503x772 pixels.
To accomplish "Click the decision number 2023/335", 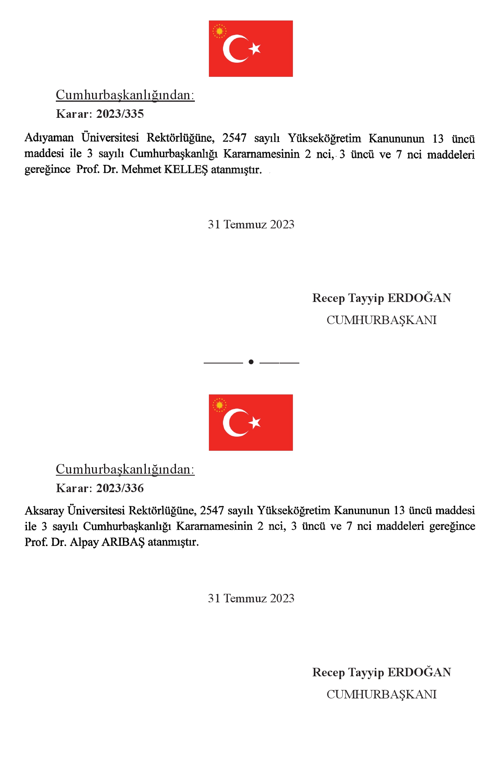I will (120, 114).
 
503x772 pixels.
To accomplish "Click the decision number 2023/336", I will (120, 488).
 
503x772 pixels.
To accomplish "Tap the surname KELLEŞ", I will (186, 169).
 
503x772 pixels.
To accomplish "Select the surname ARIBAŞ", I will (123, 542).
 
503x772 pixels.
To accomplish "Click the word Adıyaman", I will (49, 138).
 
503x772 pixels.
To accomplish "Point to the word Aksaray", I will (44, 511).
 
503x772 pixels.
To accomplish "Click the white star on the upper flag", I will (255, 49).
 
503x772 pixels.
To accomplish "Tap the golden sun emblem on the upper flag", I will (219, 31).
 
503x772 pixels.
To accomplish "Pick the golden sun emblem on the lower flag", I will (219, 405).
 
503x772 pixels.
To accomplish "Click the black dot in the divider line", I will (251, 362).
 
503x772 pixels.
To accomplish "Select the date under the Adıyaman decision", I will (251, 224).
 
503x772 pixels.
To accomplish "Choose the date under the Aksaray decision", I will (251, 598).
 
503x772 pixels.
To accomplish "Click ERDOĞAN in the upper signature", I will (419, 298).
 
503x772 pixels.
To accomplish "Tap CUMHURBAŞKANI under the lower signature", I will (381, 694).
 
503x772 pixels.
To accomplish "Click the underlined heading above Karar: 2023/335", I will (125, 95).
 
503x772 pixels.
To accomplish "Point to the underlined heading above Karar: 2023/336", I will (125, 469).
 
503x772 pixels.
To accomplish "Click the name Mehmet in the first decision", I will (141, 169).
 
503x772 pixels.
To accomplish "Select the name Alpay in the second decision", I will (84, 542).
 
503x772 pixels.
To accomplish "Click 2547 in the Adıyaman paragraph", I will (234, 138).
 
